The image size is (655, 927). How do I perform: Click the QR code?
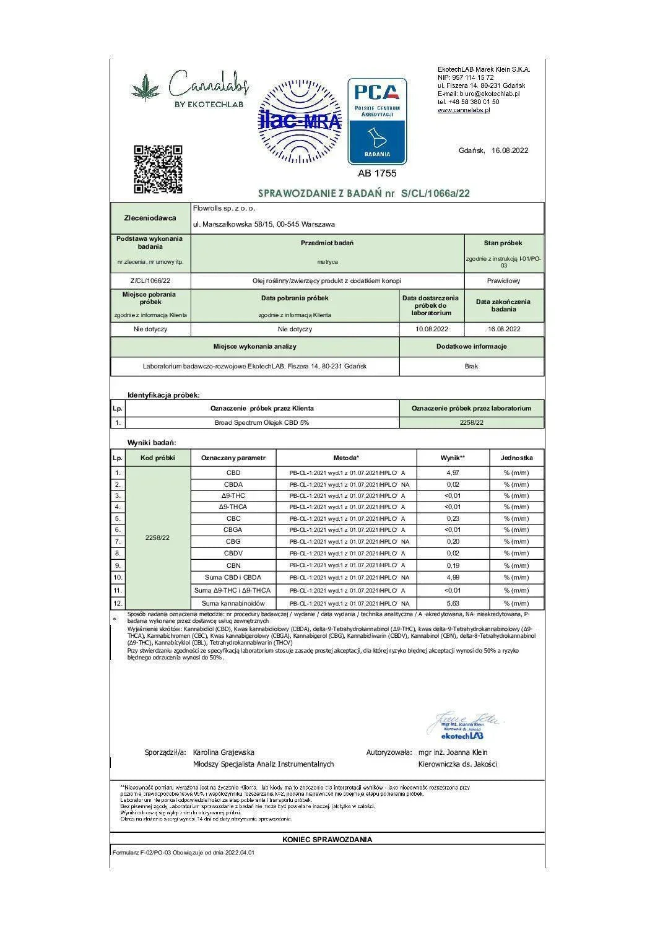[x=158, y=169]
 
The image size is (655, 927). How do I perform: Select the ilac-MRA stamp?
[x=300, y=121]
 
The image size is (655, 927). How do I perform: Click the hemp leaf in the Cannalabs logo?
[x=146, y=87]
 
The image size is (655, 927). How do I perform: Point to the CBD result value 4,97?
[x=453, y=472]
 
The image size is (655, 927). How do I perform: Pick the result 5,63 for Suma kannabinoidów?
[x=453, y=603]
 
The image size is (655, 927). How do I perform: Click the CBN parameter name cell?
[x=233, y=565]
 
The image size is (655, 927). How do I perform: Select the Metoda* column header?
[x=345, y=458]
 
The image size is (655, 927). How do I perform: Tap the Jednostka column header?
[x=516, y=458]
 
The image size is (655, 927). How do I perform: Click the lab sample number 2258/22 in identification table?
[x=471, y=422]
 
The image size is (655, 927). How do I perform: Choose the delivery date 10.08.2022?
[x=432, y=329]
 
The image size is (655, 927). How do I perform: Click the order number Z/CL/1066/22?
[x=150, y=281]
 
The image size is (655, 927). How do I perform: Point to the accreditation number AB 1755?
[x=377, y=173]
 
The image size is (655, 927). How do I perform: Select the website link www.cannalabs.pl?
[x=463, y=110]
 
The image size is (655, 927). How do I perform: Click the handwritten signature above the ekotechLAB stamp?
[x=466, y=720]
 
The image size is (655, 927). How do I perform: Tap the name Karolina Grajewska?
[x=223, y=752]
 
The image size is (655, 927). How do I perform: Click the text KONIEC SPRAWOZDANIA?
[x=327, y=840]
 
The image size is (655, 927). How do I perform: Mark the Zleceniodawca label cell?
[x=150, y=218]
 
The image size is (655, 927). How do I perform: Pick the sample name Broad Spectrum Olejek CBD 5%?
[x=262, y=422]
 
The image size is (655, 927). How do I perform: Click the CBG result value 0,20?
[x=453, y=541]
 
